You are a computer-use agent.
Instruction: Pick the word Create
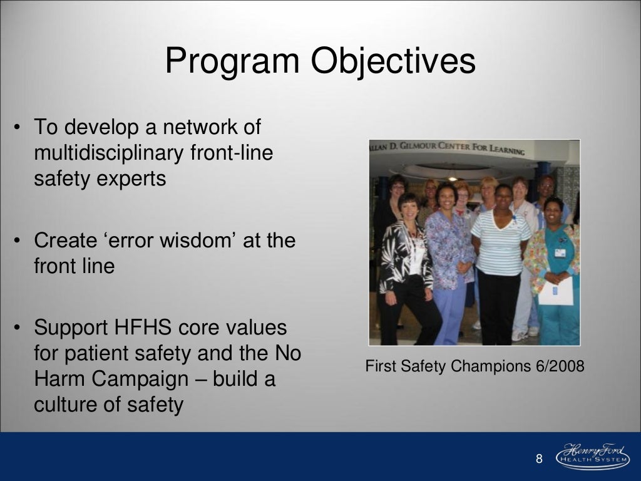pos(64,240)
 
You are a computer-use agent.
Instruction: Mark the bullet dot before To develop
pos(19,128)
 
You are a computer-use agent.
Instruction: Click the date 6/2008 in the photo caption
pos(561,366)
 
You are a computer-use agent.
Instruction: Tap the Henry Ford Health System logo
pos(592,457)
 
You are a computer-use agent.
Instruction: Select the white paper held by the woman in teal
pos(555,291)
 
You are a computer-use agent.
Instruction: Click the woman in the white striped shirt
pos(500,257)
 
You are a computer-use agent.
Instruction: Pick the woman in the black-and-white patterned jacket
pos(407,263)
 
